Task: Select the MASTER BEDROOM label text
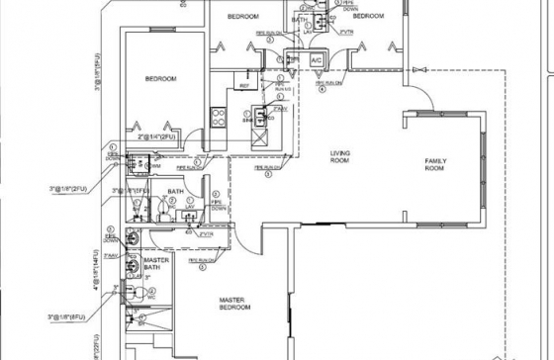(235, 304)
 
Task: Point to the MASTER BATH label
(156, 265)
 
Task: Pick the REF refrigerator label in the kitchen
(243, 87)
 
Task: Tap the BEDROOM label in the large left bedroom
(160, 78)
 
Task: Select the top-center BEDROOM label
(243, 18)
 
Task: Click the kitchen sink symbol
(261, 116)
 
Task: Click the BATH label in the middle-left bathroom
(176, 191)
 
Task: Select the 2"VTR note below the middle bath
(207, 233)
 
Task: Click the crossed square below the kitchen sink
(261, 138)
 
